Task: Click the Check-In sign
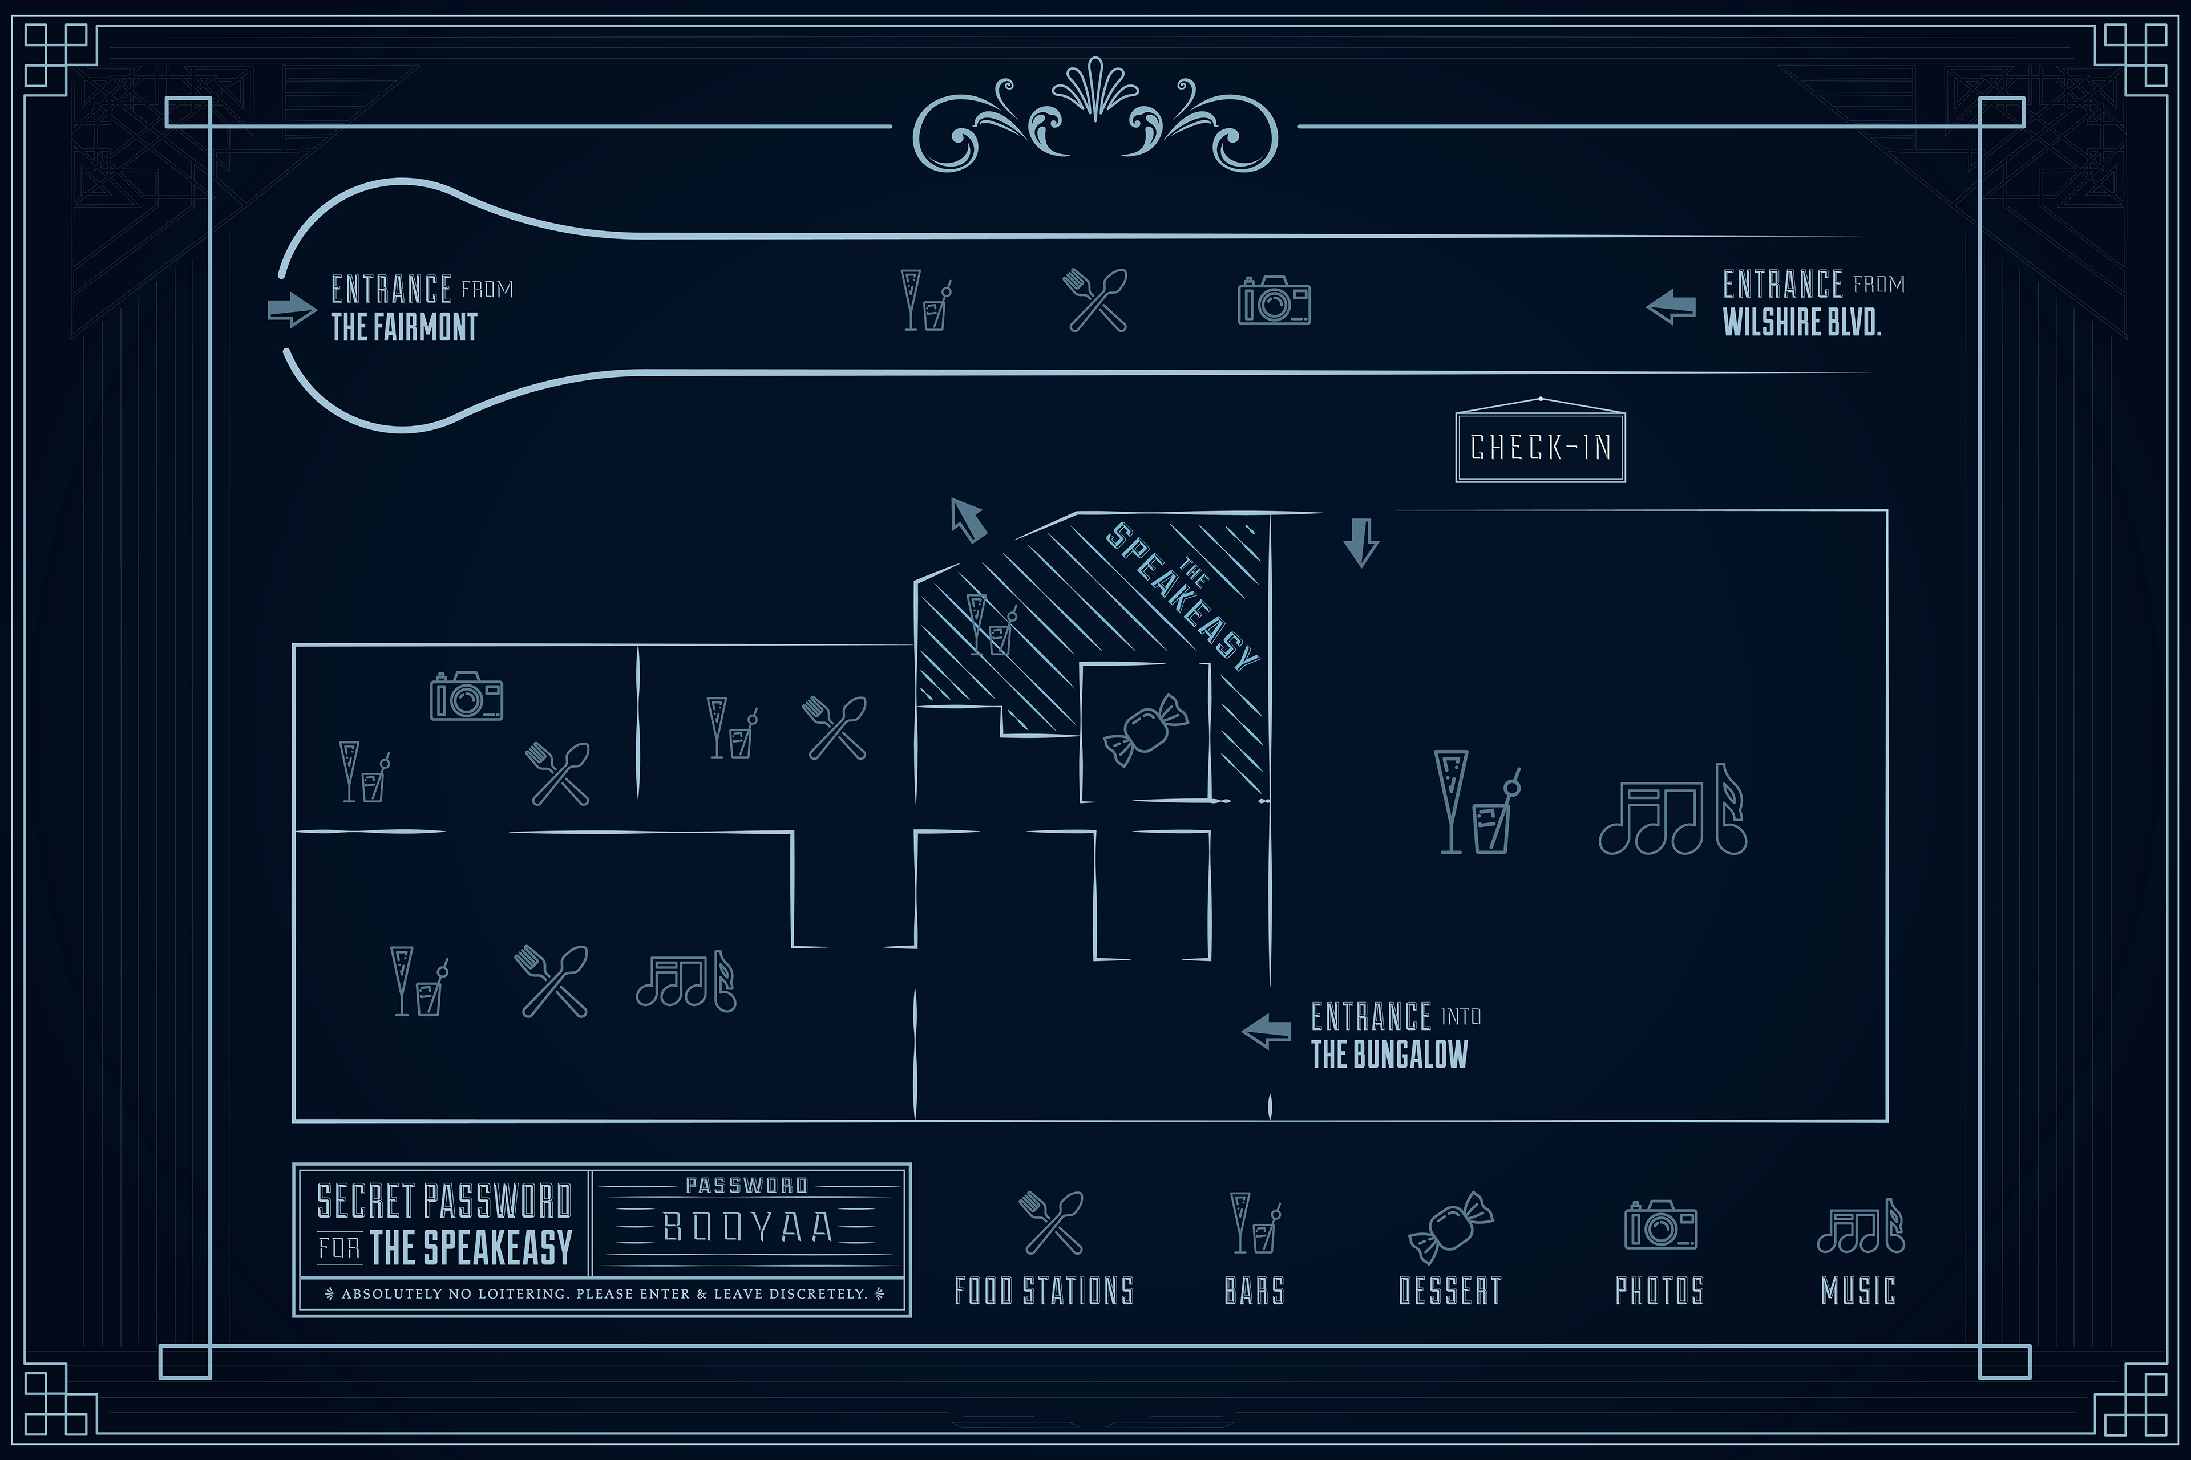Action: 1540,447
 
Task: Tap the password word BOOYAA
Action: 747,1227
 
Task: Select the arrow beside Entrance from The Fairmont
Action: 290,310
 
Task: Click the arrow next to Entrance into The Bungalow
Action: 1267,1031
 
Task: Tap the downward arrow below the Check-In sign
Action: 1361,542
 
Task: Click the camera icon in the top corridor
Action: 1274,300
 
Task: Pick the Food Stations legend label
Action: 1044,1291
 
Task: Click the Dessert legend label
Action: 1449,1291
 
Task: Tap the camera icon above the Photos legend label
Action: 1660,1224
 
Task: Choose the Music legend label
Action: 1858,1291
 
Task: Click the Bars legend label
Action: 1254,1291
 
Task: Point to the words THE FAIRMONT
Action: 405,328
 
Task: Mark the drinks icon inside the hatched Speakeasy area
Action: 991,626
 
